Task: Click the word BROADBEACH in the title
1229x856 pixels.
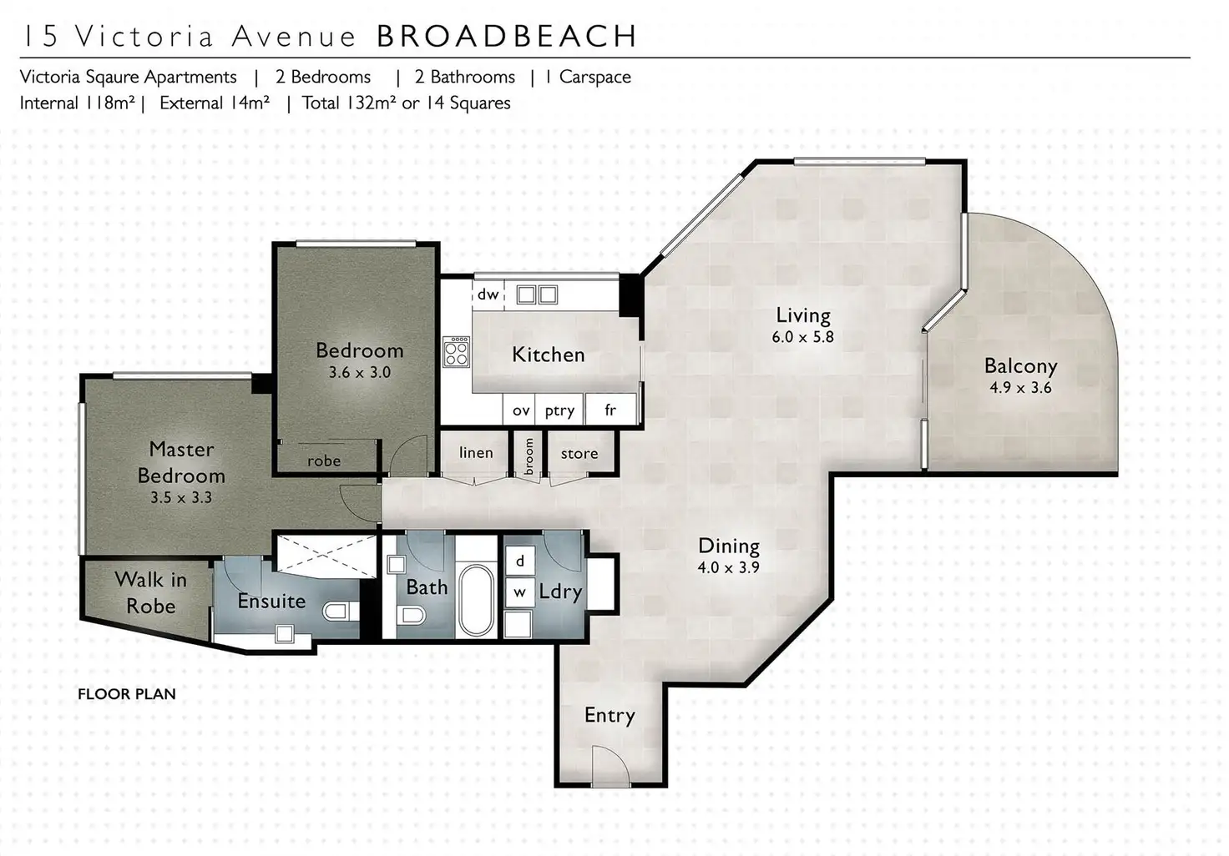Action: tap(507, 36)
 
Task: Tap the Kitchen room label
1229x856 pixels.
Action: tap(548, 355)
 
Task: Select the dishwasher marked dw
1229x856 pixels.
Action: tap(488, 295)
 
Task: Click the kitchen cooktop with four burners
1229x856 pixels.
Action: tap(457, 351)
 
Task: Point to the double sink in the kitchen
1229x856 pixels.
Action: tap(537, 295)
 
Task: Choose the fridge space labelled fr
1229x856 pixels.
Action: tap(610, 409)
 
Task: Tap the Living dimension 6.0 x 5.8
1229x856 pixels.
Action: tap(802, 337)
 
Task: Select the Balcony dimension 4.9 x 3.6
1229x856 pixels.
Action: tap(1020, 388)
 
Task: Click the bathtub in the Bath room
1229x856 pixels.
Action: tap(476, 601)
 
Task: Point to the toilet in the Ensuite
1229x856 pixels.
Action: tap(340, 611)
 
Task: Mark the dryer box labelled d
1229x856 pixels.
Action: tap(519, 561)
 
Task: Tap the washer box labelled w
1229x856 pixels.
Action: tap(519, 592)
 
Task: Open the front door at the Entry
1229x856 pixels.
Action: tap(610, 767)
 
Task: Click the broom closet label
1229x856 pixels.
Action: tap(529, 456)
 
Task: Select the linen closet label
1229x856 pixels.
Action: tap(476, 452)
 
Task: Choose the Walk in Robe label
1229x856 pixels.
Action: tap(151, 593)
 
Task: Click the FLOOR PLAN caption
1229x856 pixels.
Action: tap(127, 693)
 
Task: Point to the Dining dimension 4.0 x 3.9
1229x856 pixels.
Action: tap(728, 567)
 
